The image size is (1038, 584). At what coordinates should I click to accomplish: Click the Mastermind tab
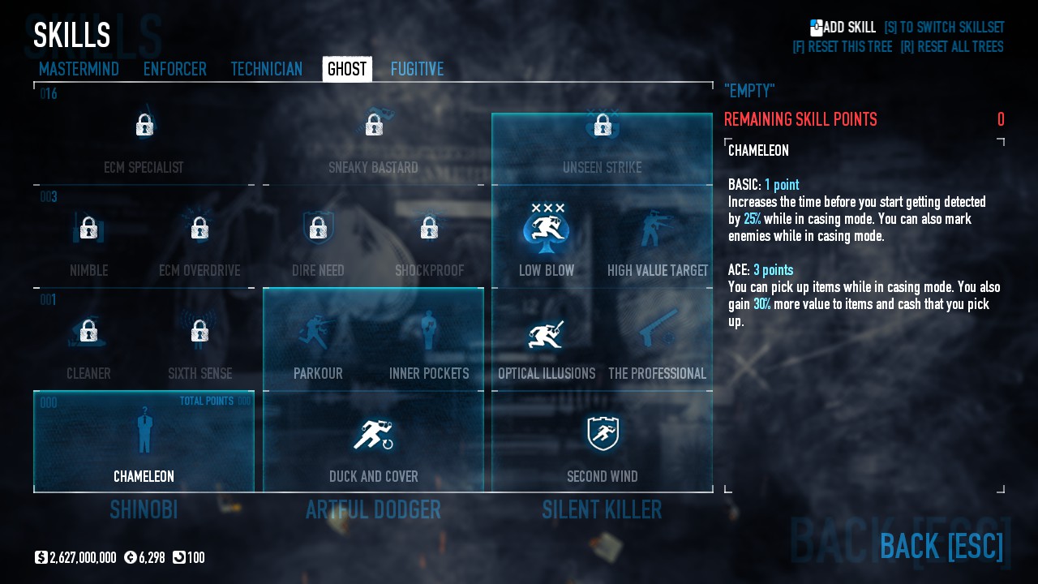tap(79, 69)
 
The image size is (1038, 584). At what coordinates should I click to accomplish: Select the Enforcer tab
tap(174, 69)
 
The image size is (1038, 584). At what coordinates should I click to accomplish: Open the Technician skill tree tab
tap(266, 69)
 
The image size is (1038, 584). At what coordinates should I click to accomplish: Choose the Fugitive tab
tap(417, 69)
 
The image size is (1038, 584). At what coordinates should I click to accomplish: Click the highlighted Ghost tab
tap(347, 69)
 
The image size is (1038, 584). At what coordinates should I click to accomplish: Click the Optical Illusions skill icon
tap(547, 333)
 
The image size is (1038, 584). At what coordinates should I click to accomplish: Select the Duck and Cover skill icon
tap(373, 435)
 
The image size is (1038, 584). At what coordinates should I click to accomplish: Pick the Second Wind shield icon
tap(603, 434)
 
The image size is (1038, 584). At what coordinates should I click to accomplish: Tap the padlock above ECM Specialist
tap(144, 125)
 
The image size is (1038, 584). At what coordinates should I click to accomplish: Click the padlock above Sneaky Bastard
tap(374, 125)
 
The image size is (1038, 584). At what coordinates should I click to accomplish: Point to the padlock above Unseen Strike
tap(602, 125)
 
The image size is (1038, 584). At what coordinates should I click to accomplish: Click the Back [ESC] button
tap(941, 546)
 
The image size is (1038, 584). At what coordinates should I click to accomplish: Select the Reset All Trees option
tap(951, 47)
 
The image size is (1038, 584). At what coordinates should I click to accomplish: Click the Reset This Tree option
tap(842, 47)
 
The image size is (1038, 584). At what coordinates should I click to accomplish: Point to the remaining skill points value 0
tap(1001, 120)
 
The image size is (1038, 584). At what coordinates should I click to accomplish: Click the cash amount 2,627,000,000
tap(83, 558)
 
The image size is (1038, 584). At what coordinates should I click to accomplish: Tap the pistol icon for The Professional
tap(658, 328)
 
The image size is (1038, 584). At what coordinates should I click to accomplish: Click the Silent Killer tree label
tap(602, 510)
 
